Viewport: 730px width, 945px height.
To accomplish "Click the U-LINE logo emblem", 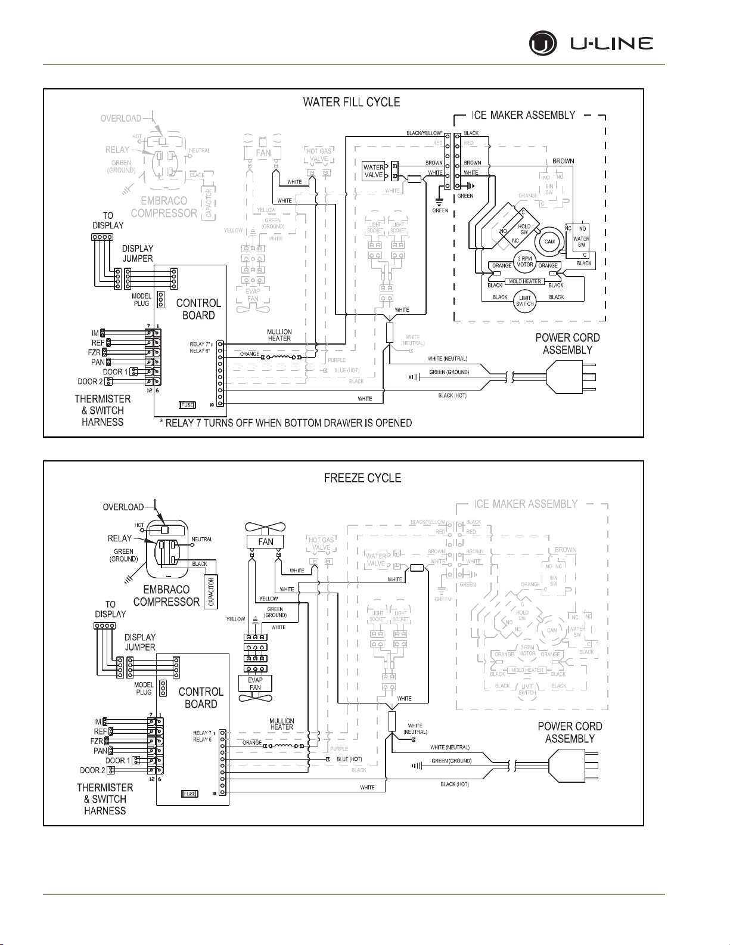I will point(543,44).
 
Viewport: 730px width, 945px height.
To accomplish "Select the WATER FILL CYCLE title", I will point(352,102).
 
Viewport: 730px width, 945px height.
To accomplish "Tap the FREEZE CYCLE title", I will point(362,478).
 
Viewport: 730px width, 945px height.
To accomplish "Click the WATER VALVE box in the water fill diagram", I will point(374,172).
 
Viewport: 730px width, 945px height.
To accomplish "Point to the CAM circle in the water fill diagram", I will point(549,241).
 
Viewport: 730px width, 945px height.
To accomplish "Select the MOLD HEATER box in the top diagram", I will point(525,281).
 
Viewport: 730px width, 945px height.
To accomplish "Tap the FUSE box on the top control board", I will point(187,405).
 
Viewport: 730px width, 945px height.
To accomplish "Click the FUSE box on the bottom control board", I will point(190,794).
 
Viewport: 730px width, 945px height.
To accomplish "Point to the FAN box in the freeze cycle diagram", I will point(266,541).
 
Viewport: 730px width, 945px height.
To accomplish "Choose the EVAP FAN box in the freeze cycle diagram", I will point(255,683).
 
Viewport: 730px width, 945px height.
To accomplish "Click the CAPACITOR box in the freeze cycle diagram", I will point(211,591).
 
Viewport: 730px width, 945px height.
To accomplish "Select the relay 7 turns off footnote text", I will point(286,423).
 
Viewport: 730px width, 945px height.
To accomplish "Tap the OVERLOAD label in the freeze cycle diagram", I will point(123,507).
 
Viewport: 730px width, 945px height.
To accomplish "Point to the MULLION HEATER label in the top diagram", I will point(279,335).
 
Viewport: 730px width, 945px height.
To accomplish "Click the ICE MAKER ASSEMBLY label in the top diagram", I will point(523,115).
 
